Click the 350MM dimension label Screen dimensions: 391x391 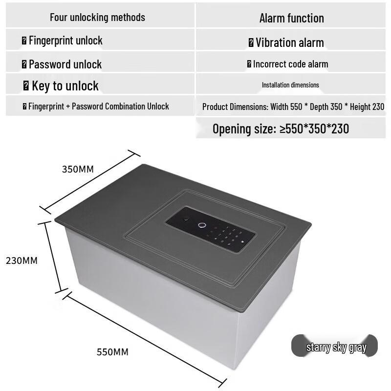(x=78, y=169)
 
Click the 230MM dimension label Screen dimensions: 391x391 (x=22, y=261)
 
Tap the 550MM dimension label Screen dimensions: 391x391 (x=112, y=352)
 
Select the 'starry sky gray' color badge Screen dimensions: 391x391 (x=334, y=346)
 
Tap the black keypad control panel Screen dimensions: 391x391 (x=211, y=229)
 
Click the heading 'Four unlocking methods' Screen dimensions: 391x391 (x=97, y=18)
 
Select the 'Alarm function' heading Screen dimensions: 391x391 (x=291, y=18)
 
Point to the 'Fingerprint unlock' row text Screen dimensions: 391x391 (x=65, y=41)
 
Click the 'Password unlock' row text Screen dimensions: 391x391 (x=65, y=65)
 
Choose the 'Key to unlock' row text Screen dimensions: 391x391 (x=65, y=86)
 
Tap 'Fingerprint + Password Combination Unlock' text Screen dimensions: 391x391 (x=99, y=107)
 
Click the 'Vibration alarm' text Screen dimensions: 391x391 (x=290, y=43)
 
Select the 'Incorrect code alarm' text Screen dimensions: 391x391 (x=290, y=64)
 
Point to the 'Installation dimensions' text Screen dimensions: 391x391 (x=290, y=85)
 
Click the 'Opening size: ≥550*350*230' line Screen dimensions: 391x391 (x=281, y=129)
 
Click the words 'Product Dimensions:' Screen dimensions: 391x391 (x=235, y=107)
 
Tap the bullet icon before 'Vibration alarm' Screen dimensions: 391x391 (x=251, y=43)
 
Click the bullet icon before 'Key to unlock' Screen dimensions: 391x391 (x=26, y=86)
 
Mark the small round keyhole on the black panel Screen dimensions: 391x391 (x=186, y=219)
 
